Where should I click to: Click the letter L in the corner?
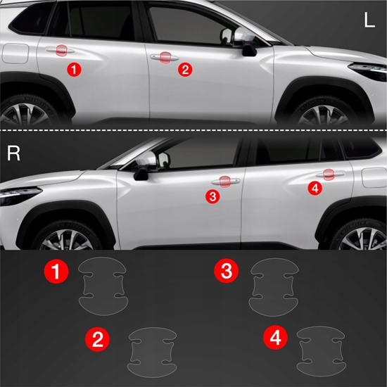369,20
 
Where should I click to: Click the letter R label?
13,153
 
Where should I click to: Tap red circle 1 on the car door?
75,69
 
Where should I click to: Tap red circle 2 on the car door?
185,69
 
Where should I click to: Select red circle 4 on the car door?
315,188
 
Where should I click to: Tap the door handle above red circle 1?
61,51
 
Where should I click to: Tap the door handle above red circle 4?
328,175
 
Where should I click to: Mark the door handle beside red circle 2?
164,58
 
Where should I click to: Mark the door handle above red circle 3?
225,182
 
